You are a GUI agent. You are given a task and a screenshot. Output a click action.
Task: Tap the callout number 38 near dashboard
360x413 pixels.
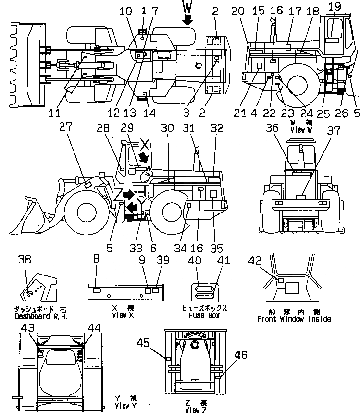[x=25, y=259]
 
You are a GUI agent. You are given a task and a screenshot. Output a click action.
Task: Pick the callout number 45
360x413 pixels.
[x=157, y=343]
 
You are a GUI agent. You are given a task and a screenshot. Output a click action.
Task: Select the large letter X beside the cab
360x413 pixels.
[x=146, y=145]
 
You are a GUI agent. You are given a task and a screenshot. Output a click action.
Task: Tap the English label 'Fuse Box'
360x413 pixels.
[x=201, y=316]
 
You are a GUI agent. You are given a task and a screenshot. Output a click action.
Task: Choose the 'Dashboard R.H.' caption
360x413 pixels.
[x=41, y=317]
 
